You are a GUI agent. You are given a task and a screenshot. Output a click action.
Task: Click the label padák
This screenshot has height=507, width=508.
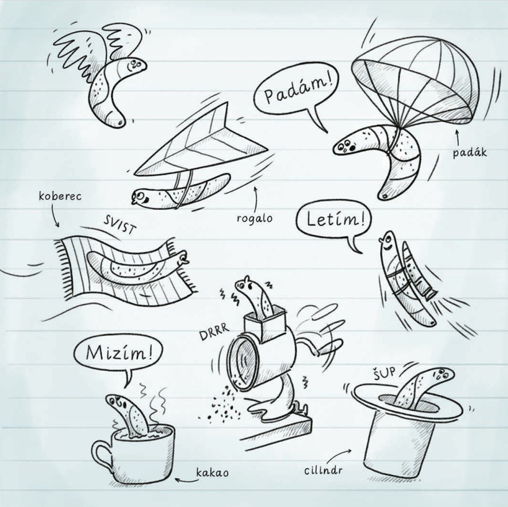click(x=470, y=152)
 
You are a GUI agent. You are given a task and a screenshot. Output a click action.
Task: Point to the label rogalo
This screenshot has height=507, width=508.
click(x=255, y=218)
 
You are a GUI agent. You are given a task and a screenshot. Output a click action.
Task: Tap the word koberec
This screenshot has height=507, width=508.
click(x=60, y=196)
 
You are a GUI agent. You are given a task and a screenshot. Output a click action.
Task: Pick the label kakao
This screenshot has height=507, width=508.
click(x=212, y=473)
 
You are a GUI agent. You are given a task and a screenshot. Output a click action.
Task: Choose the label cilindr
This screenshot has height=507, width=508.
click(x=323, y=470)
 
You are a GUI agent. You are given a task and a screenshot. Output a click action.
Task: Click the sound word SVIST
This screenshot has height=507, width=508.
click(x=118, y=225)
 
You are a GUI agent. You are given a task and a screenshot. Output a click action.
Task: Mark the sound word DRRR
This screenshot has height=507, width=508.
click(x=214, y=332)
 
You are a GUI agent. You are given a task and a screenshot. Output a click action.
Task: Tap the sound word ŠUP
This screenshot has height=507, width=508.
click(x=385, y=372)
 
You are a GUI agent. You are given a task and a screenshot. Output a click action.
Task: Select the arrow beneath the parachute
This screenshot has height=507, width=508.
click(x=458, y=137)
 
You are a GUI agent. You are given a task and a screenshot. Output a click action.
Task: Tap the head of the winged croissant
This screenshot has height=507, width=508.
click(x=136, y=64)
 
